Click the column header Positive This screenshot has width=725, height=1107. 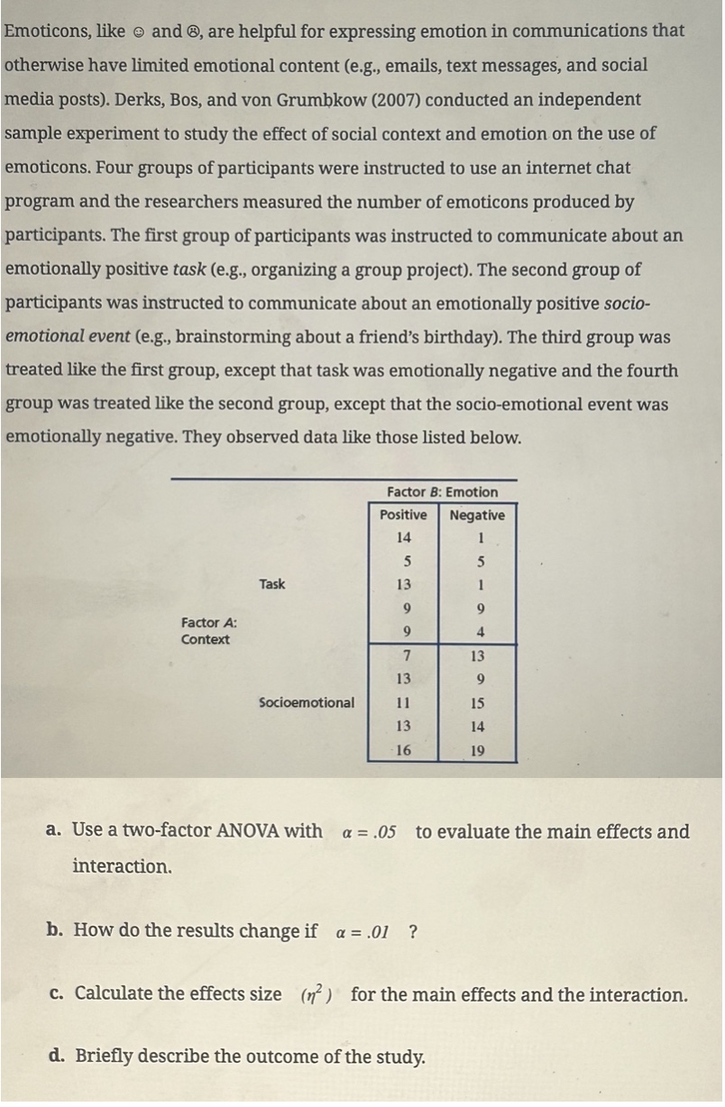click(403, 515)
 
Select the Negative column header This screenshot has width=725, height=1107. click(477, 515)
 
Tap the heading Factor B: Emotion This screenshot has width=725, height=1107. click(442, 492)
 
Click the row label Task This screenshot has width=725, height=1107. click(271, 584)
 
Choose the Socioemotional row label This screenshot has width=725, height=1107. click(307, 702)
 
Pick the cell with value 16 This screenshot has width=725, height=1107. click(403, 749)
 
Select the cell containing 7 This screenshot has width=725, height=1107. click(407, 655)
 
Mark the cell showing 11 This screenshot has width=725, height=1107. click(403, 702)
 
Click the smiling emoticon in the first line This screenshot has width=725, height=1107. click(138, 32)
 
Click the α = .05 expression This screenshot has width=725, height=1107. click(369, 832)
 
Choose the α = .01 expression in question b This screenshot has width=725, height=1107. click(362, 931)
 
